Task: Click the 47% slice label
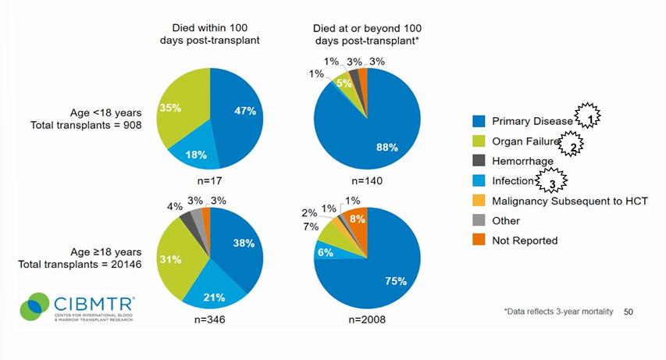(x=245, y=111)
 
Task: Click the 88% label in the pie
(x=388, y=147)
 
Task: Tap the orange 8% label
(x=358, y=220)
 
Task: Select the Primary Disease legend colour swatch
(x=479, y=121)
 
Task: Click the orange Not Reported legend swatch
(x=479, y=241)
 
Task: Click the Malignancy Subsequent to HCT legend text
(x=557, y=201)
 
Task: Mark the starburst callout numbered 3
(x=553, y=182)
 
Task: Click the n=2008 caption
(x=367, y=320)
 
